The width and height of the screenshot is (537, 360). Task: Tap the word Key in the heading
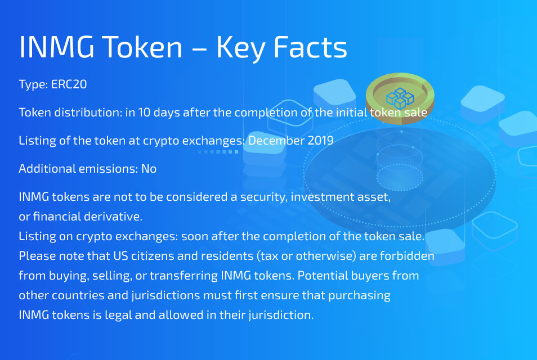click(240, 49)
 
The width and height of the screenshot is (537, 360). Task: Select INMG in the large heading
click(56, 47)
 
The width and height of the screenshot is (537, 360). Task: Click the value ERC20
click(69, 84)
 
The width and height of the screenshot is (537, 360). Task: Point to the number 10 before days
click(144, 112)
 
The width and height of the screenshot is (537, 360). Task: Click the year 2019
click(320, 141)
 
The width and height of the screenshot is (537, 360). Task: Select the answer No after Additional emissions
click(149, 169)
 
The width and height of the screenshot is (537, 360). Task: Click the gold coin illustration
click(400, 98)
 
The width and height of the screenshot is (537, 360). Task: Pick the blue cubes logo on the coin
click(400, 98)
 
